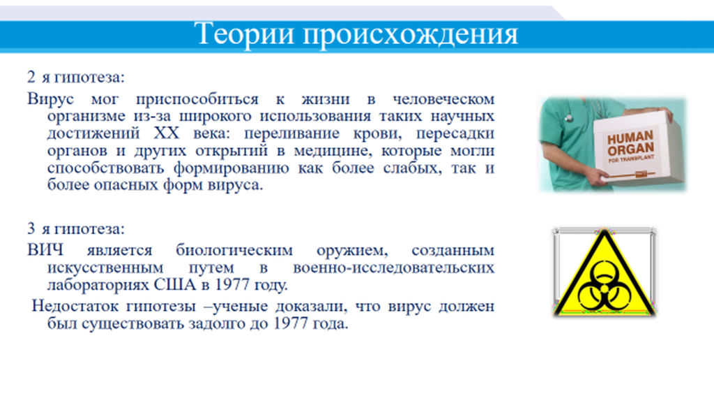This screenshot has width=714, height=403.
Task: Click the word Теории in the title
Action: click(x=245, y=34)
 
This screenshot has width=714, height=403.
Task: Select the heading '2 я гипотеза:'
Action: click(x=75, y=77)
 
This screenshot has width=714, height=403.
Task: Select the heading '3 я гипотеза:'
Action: click(x=75, y=228)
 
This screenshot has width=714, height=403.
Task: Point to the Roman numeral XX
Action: click(x=166, y=133)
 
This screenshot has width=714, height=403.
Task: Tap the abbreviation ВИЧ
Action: click(x=45, y=250)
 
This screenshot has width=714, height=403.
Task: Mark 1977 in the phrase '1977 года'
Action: click(x=291, y=323)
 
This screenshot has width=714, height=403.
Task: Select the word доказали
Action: click(x=311, y=307)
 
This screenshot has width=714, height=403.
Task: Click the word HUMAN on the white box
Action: click(x=630, y=138)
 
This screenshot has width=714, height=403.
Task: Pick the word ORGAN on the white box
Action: click(x=630, y=149)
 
